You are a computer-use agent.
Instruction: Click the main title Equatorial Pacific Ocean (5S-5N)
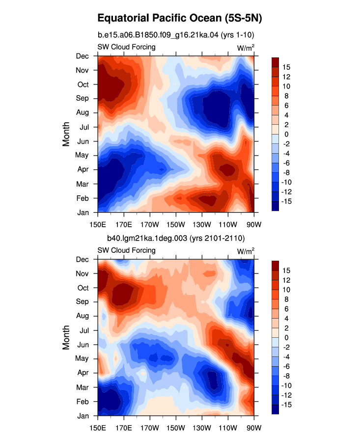180,18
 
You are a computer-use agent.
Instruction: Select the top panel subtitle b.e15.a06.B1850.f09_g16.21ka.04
158,35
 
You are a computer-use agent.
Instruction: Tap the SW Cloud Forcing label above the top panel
127,47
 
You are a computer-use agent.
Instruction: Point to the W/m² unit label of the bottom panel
246,251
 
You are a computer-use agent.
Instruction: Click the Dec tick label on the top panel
83,56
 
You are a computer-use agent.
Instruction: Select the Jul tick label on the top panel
84,127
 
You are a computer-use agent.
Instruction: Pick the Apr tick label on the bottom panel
83,373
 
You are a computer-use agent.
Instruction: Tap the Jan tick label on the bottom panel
83,416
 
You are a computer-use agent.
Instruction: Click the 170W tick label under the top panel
150,224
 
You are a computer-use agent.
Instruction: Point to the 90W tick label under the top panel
254,224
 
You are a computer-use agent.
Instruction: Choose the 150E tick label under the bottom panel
98,428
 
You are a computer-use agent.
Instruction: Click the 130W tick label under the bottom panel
202,428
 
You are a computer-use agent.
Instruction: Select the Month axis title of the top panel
66,134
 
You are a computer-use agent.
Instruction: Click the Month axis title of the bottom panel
66,337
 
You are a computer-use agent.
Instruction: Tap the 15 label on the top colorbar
286,67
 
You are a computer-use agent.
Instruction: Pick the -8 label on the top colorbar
286,173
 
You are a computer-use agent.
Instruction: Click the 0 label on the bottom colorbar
286,338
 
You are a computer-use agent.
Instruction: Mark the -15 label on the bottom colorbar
286,405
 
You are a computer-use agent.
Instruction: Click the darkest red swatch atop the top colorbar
275,62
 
